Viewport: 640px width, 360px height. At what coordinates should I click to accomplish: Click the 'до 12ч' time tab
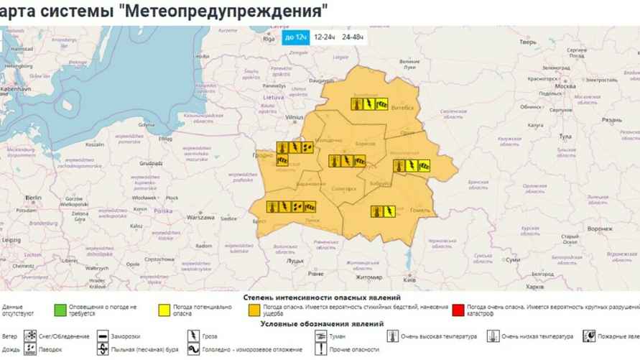(x=295, y=37)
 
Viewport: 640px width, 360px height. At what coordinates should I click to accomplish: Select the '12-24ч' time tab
(x=325, y=37)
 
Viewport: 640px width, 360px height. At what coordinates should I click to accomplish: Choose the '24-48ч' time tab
(x=353, y=37)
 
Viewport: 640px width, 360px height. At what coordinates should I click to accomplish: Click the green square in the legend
(x=61, y=310)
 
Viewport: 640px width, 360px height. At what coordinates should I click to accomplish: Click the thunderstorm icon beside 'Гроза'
(x=193, y=336)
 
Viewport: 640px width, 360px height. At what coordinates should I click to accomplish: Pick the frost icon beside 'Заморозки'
(x=103, y=336)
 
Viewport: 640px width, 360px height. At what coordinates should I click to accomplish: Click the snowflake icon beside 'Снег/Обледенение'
(x=31, y=336)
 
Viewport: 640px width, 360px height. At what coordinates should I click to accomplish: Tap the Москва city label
(x=565, y=86)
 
